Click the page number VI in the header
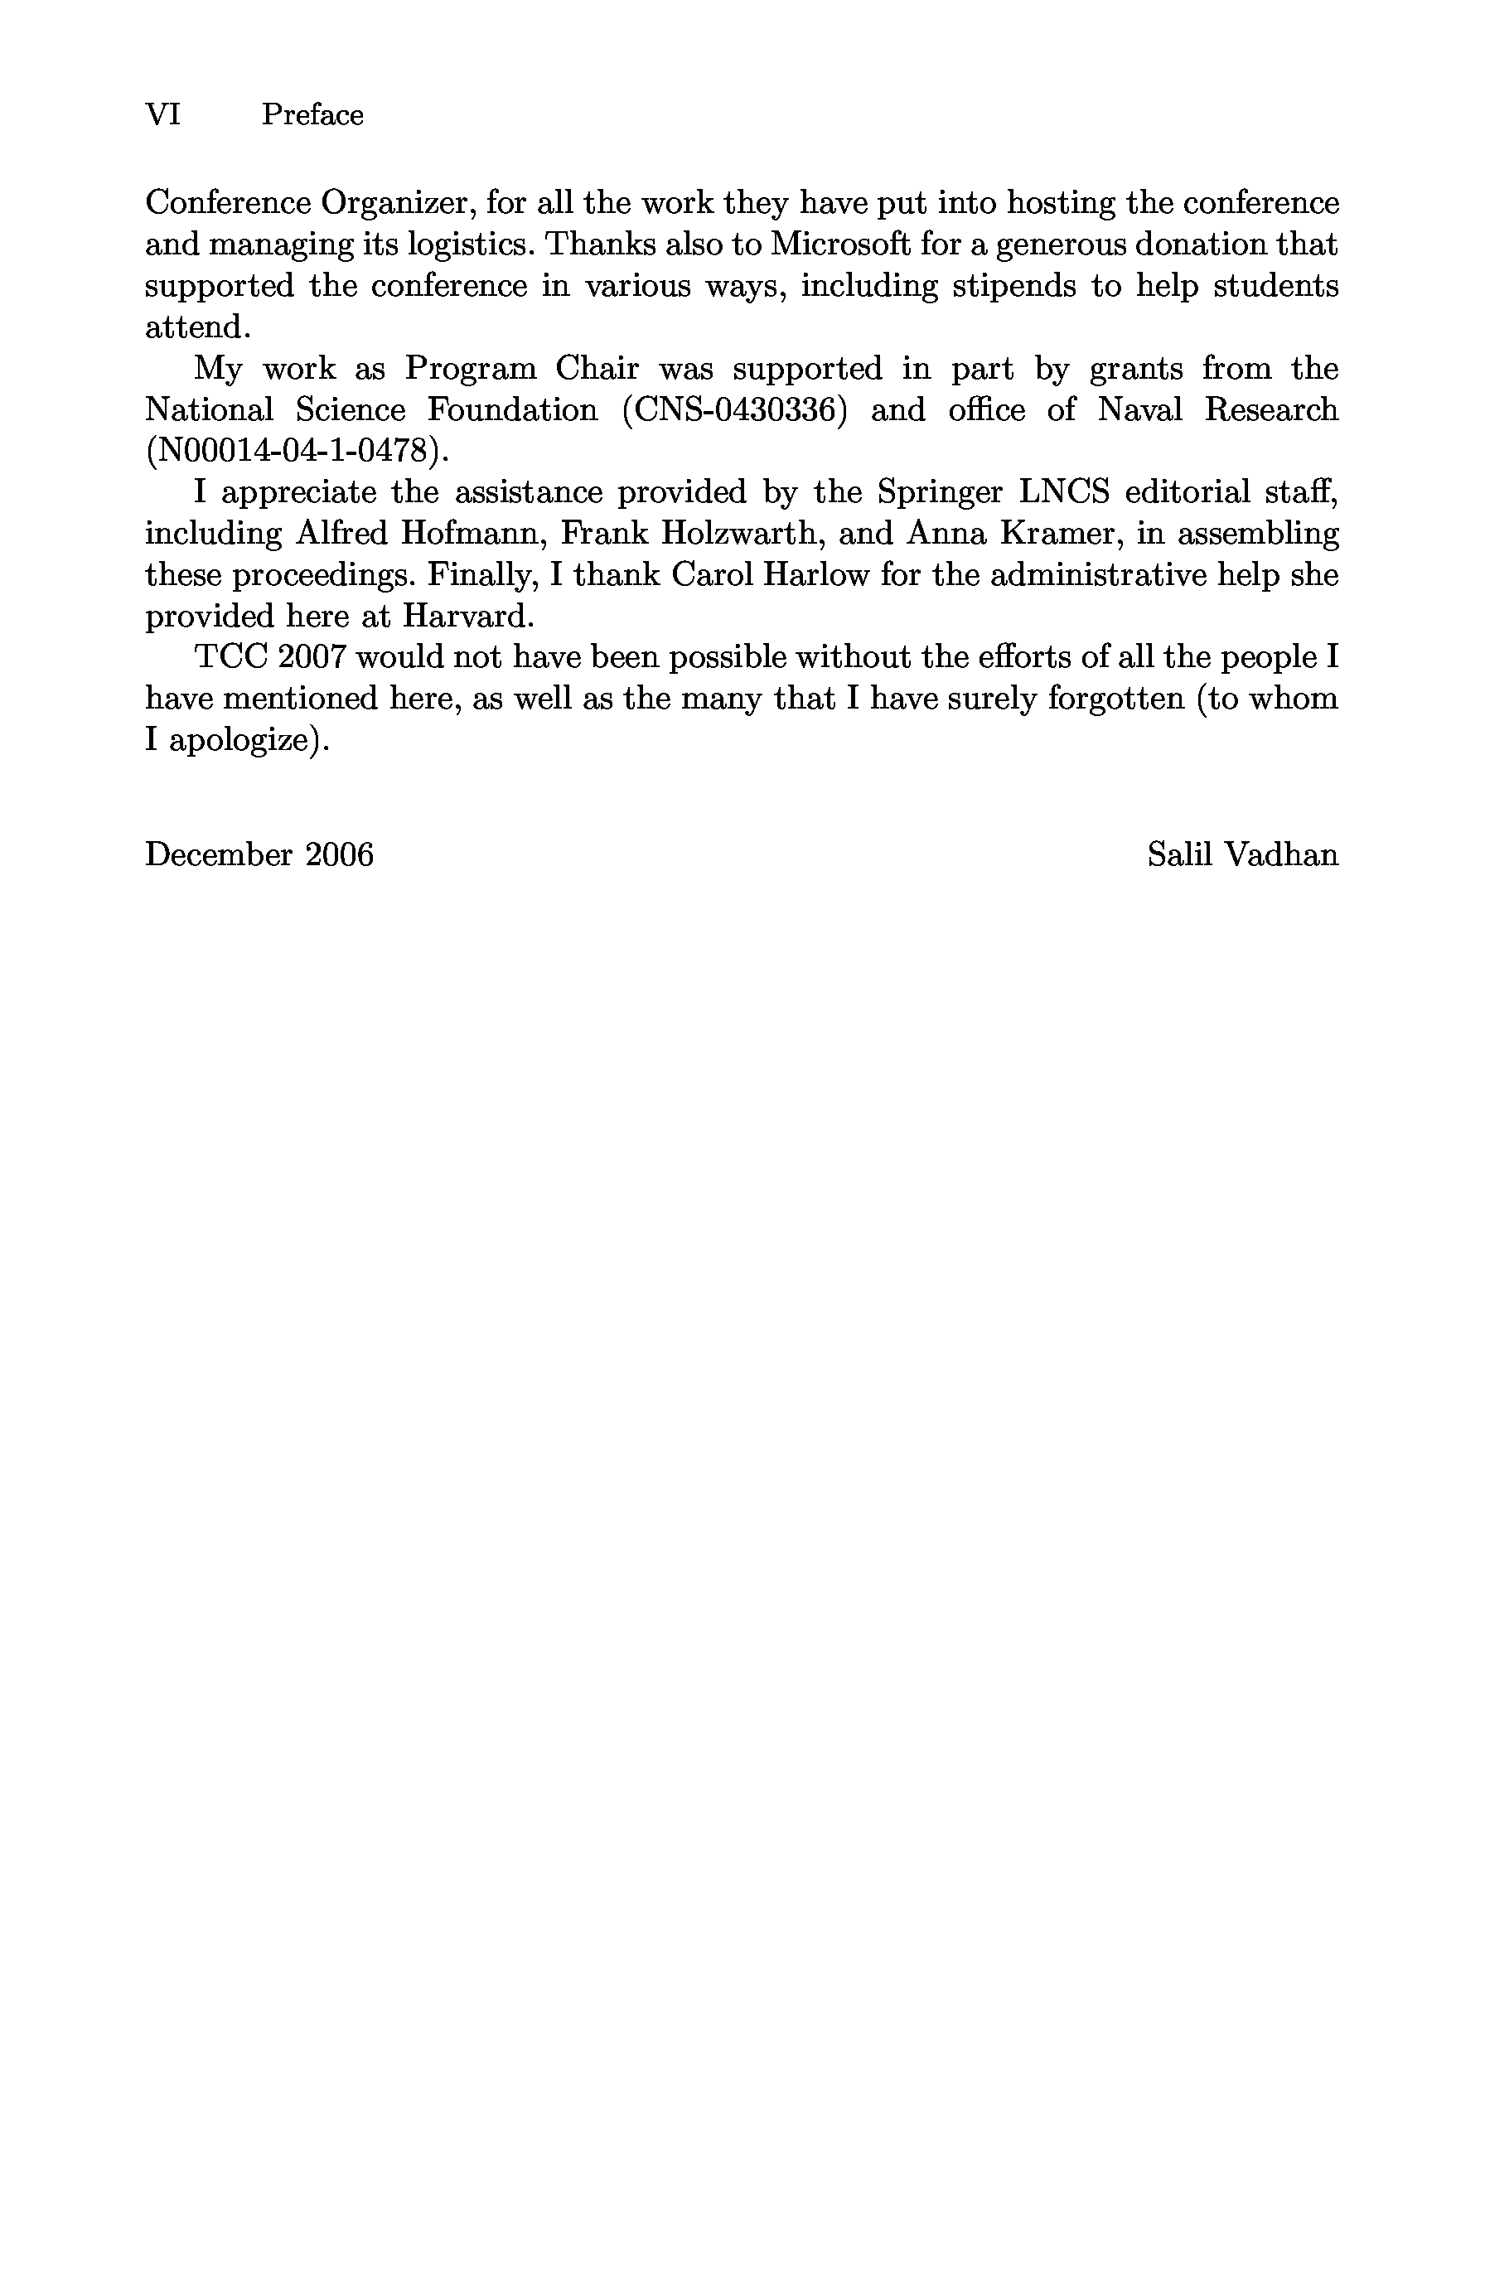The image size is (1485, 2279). (x=162, y=115)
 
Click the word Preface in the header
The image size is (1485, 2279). (x=312, y=115)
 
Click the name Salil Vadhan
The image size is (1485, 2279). (x=1242, y=854)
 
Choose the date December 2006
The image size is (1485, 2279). (x=259, y=854)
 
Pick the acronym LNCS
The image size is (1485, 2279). (x=1064, y=492)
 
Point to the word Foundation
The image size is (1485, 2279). (x=512, y=410)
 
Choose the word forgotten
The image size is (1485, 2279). (x=1115, y=699)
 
